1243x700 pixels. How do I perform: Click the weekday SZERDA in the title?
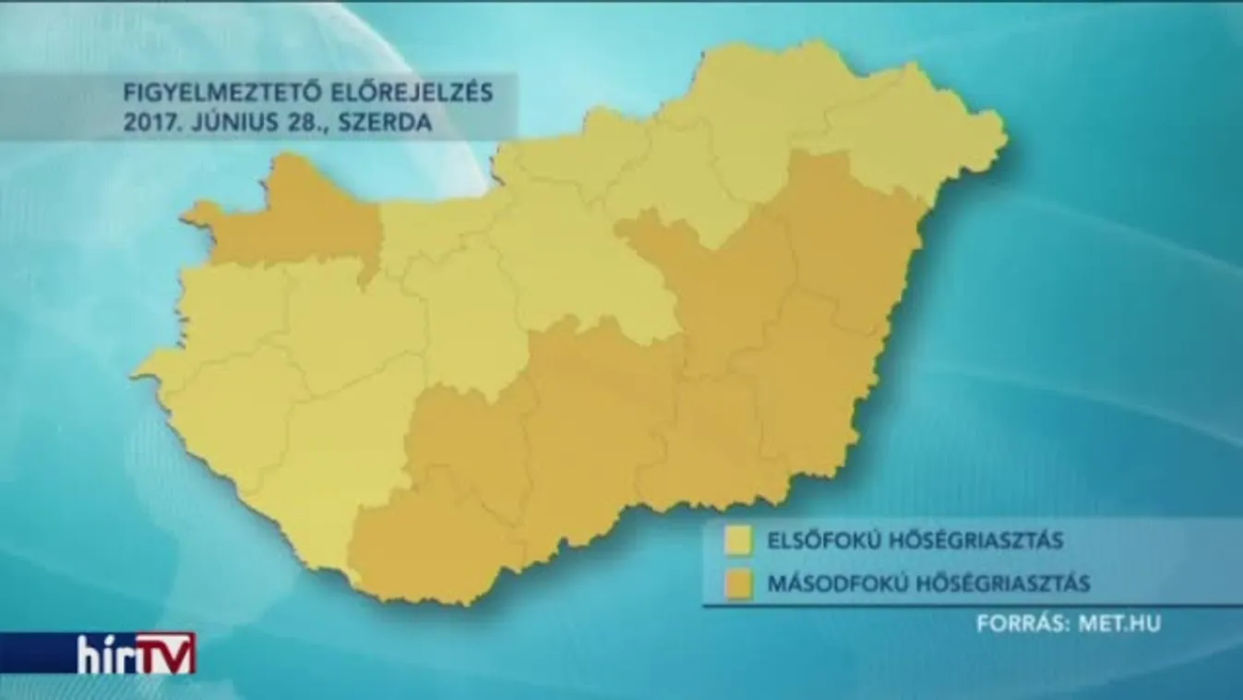point(388,124)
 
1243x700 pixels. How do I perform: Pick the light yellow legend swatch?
point(738,541)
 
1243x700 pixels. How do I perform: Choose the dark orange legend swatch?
point(738,584)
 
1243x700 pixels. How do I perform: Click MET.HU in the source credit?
point(1119,623)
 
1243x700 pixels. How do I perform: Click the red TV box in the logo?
point(166,652)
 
